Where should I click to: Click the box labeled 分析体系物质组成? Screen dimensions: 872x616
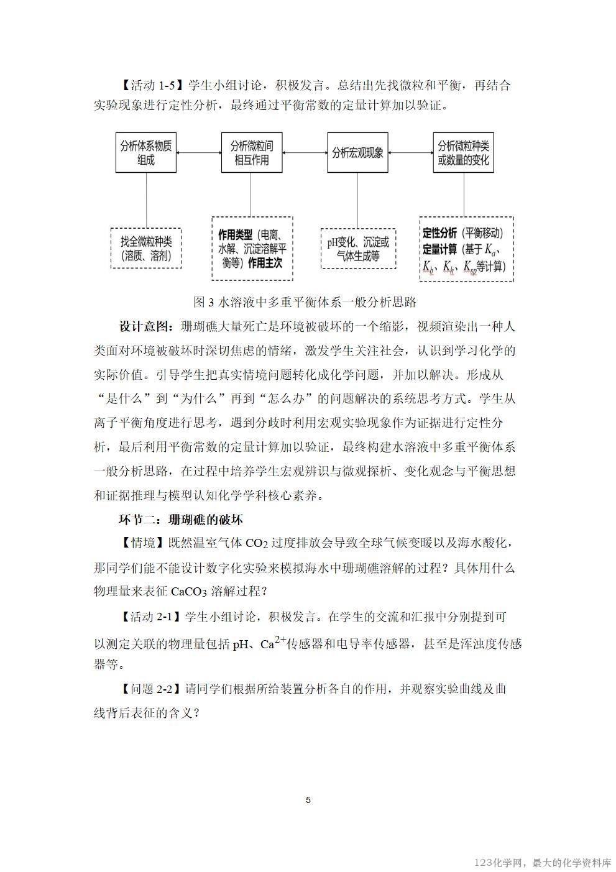(146, 153)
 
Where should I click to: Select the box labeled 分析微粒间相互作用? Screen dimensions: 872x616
(252, 153)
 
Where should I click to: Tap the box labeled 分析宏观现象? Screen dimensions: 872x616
(358, 153)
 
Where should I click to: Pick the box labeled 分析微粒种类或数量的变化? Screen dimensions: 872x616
(464, 153)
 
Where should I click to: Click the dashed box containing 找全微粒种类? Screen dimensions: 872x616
(146, 248)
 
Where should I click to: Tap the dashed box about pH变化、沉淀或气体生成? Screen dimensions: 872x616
(358, 248)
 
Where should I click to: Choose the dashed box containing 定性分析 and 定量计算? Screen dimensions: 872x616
(466, 249)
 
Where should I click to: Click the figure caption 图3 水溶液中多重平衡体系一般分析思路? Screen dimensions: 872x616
(305, 303)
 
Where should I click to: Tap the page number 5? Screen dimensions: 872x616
(308, 800)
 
